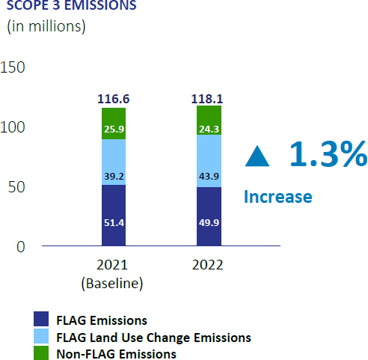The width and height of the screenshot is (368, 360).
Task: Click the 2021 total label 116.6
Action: (x=114, y=99)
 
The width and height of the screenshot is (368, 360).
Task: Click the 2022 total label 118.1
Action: (x=207, y=99)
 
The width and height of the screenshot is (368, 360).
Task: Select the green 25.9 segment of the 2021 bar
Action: (x=114, y=123)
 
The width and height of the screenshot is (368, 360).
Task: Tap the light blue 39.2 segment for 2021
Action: (x=114, y=162)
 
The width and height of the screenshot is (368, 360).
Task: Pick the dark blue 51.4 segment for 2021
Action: (x=114, y=216)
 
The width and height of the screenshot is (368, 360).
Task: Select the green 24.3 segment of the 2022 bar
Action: (x=209, y=120)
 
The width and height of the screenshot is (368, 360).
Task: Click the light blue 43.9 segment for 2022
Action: (x=209, y=161)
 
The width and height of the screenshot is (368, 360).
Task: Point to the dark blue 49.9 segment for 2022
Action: (x=209, y=216)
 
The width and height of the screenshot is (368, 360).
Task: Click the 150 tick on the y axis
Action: (x=13, y=67)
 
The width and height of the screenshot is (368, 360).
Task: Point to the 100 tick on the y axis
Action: (x=13, y=127)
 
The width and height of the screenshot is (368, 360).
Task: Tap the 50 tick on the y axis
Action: (x=16, y=187)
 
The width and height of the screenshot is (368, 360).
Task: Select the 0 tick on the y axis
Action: (x=21, y=247)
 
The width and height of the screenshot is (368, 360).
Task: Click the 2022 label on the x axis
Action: (x=207, y=265)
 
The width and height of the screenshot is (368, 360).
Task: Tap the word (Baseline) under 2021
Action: (x=112, y=284)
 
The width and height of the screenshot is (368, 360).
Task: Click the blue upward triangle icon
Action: (x=257, y=156)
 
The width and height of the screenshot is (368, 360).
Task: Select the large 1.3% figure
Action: (x=328, y=153)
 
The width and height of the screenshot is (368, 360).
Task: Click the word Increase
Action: (x=278, y=197)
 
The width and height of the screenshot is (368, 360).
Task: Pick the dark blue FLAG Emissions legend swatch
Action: (x=41, y=319)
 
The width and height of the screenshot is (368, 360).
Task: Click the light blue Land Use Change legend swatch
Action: (x=41, y=336)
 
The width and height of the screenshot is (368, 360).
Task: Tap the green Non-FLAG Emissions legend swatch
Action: (x=41, y=353)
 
